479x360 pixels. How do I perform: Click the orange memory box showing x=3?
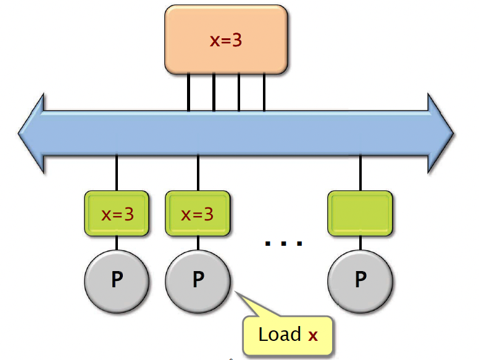(226, 39)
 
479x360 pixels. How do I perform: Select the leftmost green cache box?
(117, 214)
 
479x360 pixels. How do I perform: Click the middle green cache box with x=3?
(198, 214)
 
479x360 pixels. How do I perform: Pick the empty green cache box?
(361, 214)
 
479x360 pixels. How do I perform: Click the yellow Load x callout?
(288, 335)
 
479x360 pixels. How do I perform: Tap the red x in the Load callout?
(313, 336)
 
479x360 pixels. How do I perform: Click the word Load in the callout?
(279, 335)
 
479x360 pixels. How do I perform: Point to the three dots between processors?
(284, 243)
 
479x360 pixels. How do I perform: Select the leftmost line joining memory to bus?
(188, 92)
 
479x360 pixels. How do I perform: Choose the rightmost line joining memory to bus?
(264, 92)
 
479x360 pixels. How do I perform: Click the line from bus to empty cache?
(360, 173)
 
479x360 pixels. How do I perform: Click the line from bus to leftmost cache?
(116, 173)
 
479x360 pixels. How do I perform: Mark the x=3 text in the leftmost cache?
(117, 215)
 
